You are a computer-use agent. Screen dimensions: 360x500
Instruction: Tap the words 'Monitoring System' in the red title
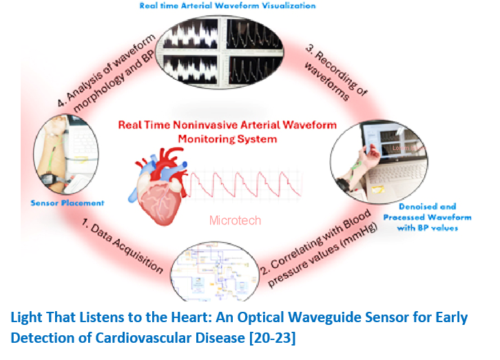(227, 138)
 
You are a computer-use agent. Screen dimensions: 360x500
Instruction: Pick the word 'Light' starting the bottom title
(27, 318)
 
